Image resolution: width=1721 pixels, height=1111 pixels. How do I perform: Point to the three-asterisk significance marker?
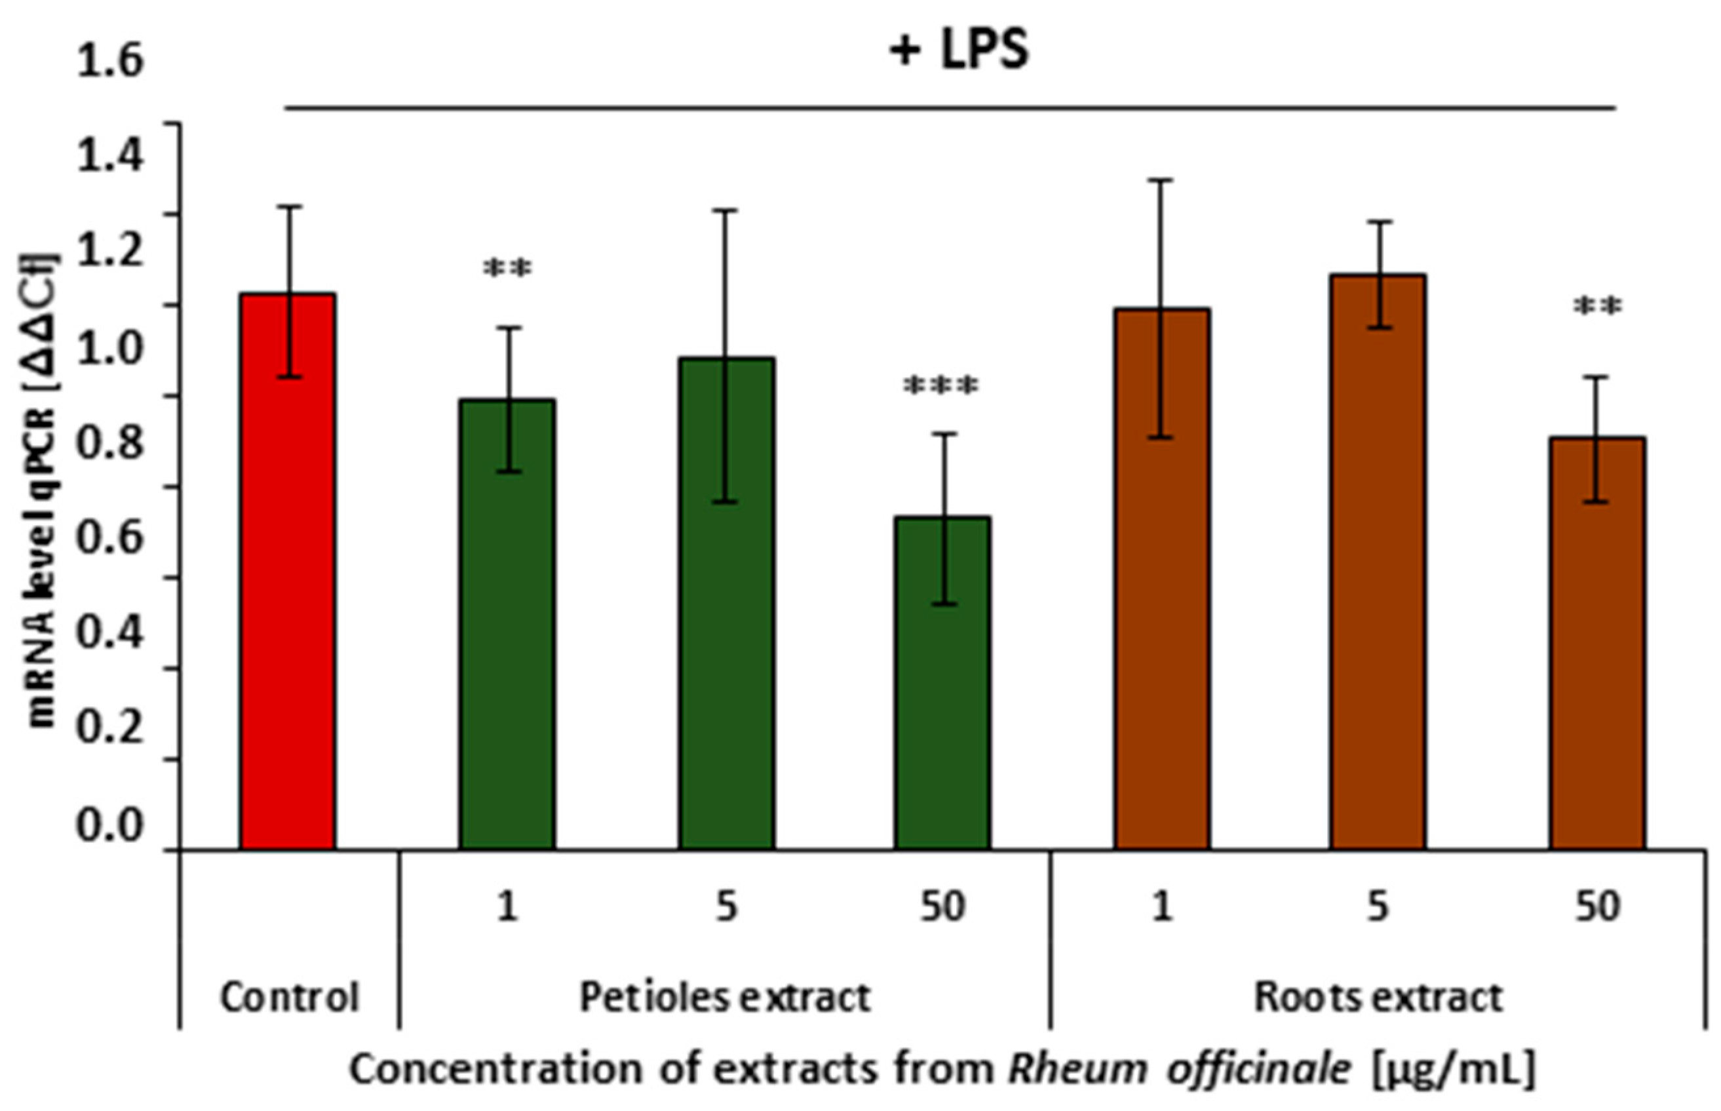(x=941, y=387)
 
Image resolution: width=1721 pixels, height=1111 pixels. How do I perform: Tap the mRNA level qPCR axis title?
(x=43, y=490)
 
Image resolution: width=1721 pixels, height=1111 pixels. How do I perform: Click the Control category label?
(x=289, y=998)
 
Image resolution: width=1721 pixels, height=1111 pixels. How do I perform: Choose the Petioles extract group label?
(x=725, y=998)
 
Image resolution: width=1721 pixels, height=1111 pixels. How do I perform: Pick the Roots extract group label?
(x=1378, y=998)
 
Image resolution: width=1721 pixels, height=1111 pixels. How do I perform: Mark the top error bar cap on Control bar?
(x=289, y=207)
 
